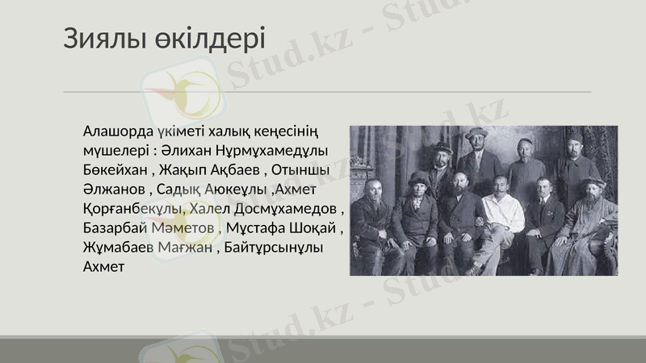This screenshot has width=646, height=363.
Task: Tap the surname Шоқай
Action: [317, 228]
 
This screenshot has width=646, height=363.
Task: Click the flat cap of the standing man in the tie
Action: [476, 131]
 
